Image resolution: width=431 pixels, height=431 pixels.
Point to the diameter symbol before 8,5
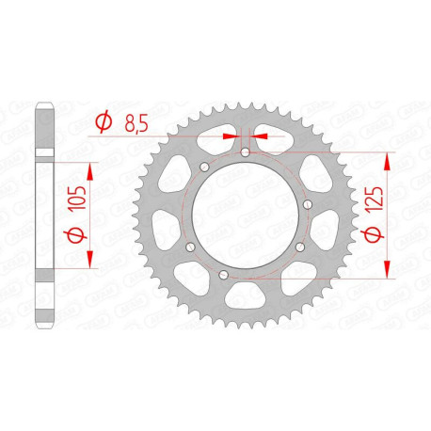click(104, 120)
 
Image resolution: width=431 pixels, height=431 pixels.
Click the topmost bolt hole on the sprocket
click(245, 152)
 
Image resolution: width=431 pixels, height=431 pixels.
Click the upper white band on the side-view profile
click(44, 152)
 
